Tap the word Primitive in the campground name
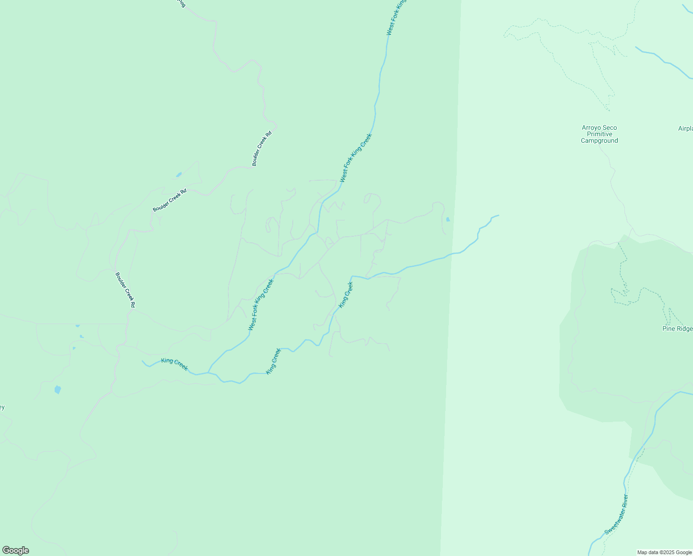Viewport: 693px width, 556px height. click(x=599, y=134)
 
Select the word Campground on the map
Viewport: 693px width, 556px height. click(x=599, y=141)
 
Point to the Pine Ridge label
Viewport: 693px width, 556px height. click(x=677, y=329)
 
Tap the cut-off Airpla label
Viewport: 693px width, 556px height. click(x=685, y=129)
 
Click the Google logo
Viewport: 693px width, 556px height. click(x=15, y=550)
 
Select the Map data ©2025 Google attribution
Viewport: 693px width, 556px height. click(x=664, y=552)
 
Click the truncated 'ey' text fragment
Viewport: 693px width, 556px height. click(x=2, y=408)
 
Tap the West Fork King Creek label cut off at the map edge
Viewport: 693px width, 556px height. click(x=397, y=18)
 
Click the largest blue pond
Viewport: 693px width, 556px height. click(x=57, y=390)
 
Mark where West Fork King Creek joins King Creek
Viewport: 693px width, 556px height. click(x=208, y=372)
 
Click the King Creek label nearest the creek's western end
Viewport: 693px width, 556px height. click(x=175, y=364)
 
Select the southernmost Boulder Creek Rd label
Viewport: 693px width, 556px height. click(x=125, y=290)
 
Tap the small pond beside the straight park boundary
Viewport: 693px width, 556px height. click(x=447, y=220)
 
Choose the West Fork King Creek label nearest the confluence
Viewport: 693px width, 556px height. click(x=261, y=304)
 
